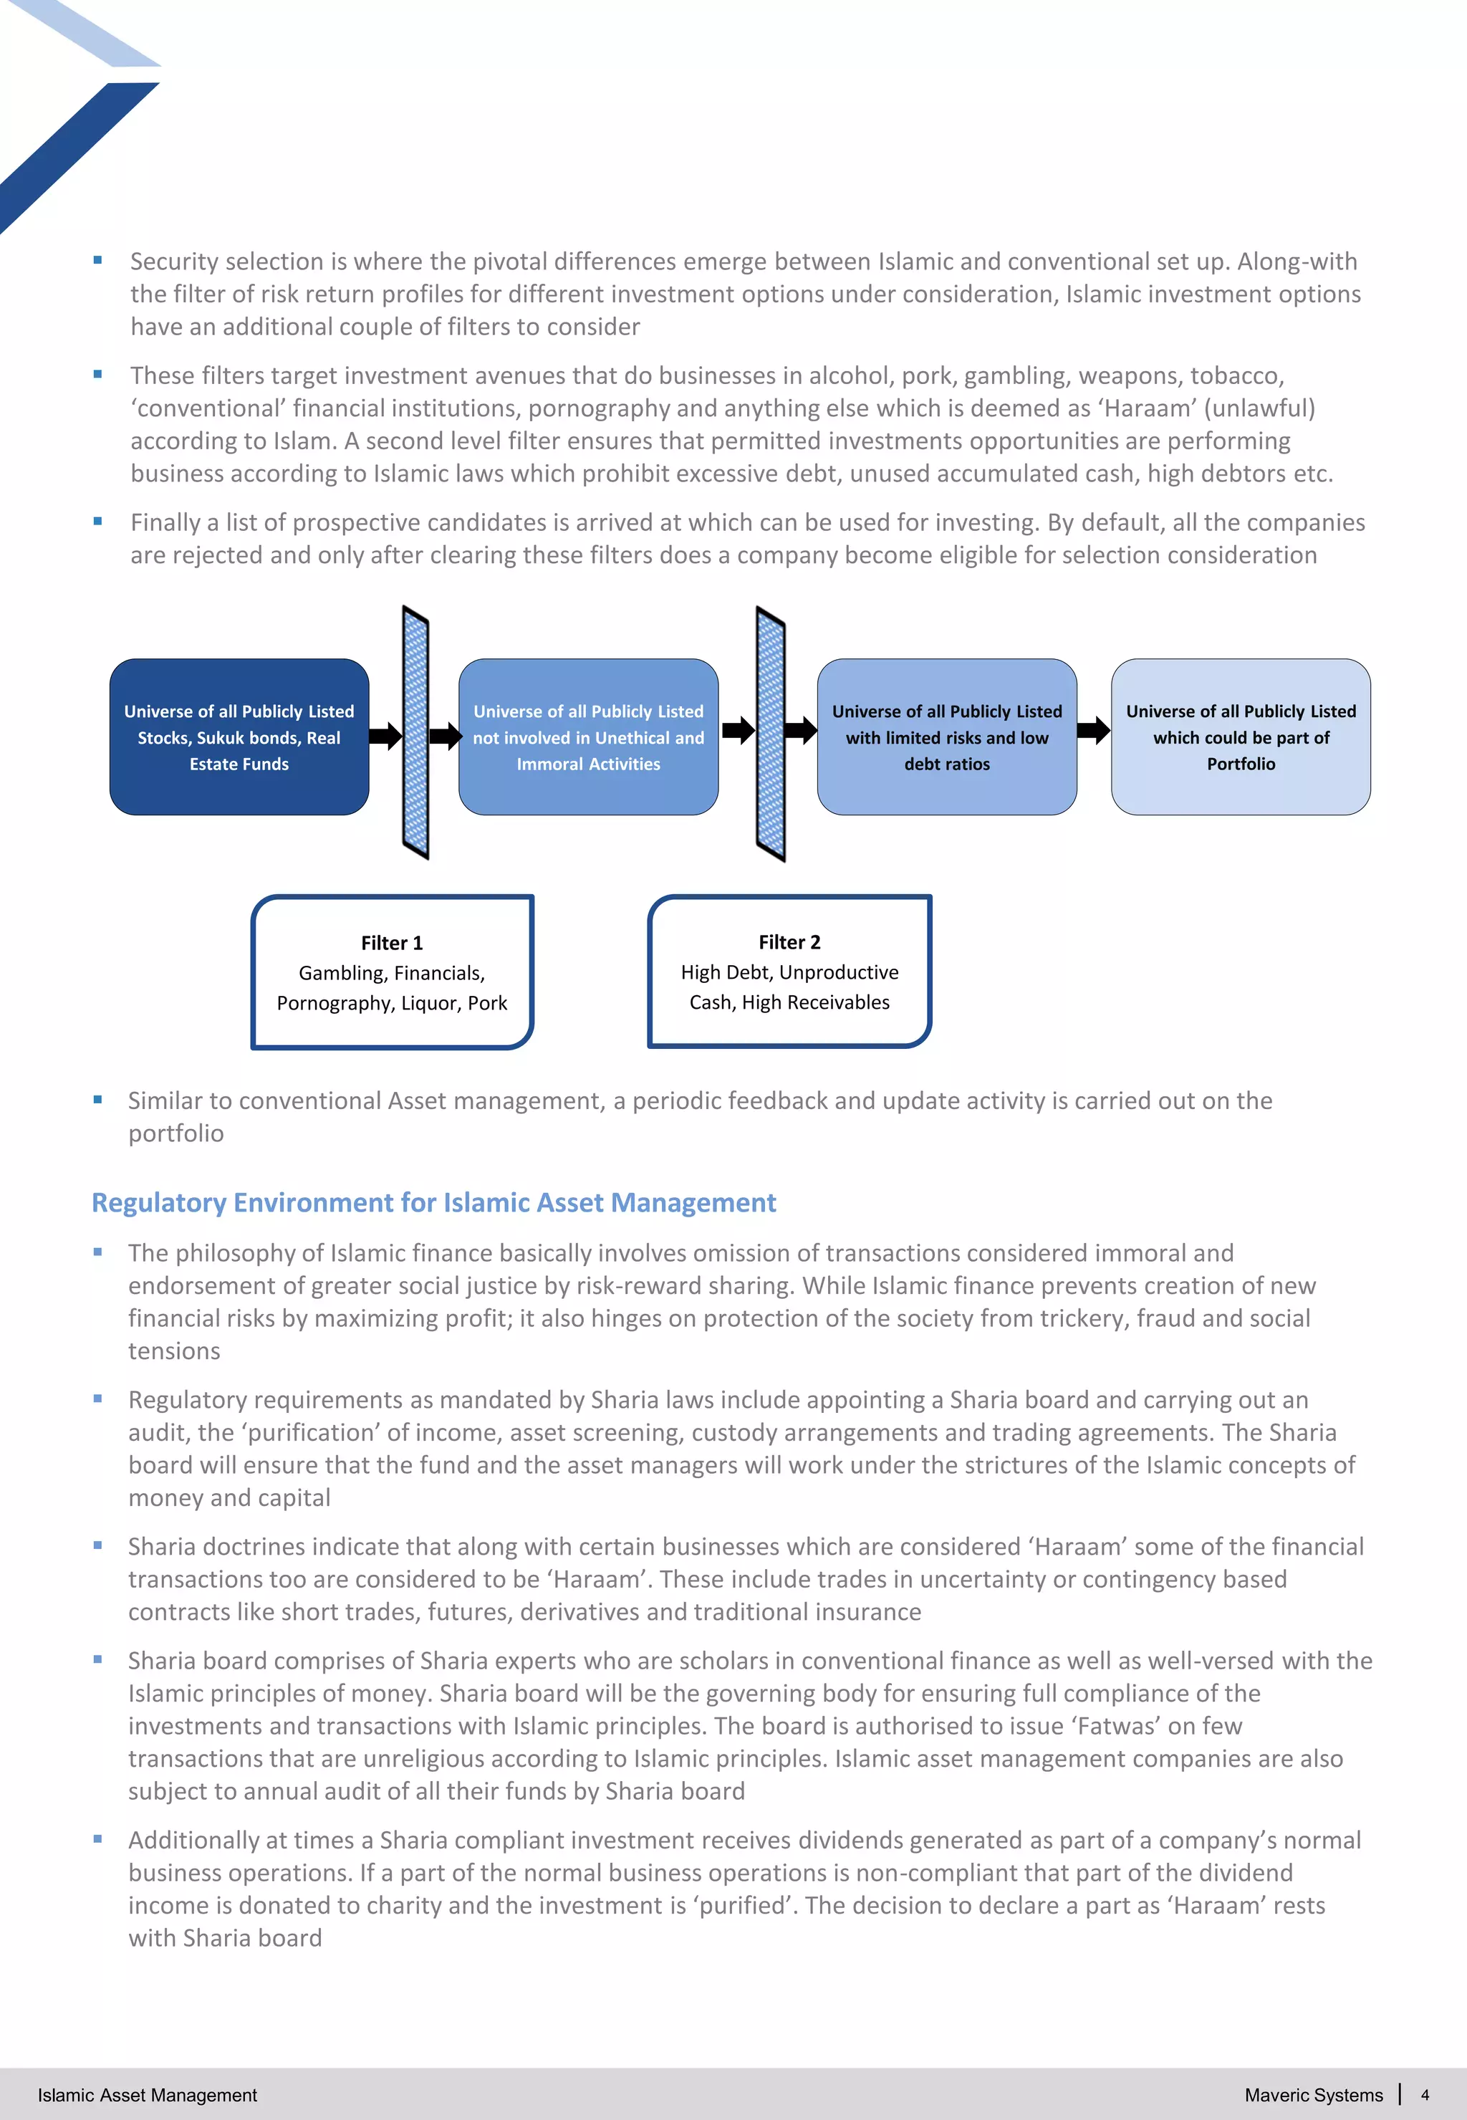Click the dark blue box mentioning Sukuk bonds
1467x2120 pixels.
[239, 737]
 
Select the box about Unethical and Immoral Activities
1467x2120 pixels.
[588, 737]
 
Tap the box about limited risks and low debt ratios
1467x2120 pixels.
[947, 737]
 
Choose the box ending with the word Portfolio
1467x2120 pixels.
[1241, 737]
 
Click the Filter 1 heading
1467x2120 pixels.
[392, 942]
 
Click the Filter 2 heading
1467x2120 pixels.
[789, 941]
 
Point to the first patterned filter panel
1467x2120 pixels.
[416, 733]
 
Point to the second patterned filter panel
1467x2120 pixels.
[770, 733]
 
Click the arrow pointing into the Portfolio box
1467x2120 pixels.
[1094, 731]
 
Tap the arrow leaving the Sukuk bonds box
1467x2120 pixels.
[386, 736]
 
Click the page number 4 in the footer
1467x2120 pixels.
[1425, 2095]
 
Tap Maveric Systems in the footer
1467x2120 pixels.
[1314, 2095]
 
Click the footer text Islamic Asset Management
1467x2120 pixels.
[147, 2095]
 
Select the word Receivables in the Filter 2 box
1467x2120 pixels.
[844, 1002]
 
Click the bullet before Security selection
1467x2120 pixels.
[97, 261]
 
